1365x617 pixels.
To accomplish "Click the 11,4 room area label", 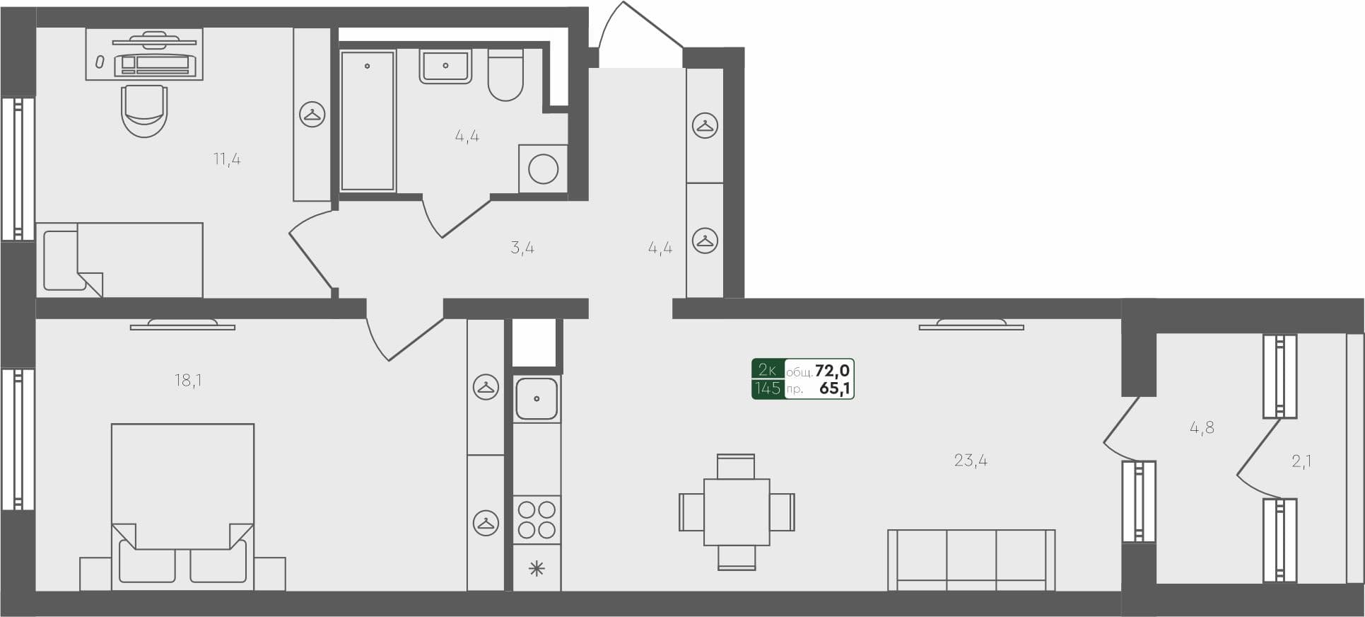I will point(227,159).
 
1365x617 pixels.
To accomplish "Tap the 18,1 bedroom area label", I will point(188,381).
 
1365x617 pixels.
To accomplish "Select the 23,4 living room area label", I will point(971,461).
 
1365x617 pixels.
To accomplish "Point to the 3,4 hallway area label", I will point(522,248).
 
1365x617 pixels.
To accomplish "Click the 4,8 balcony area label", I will point(1202,427).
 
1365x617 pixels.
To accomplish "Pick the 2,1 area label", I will point(1301,461).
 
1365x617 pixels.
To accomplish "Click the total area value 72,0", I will point(832,371).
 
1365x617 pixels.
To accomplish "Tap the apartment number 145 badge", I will point(767,388).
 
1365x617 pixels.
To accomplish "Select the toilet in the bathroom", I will point(505,76).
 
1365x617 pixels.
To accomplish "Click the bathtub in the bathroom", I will point(368,120).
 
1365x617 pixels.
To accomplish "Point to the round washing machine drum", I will point(544,170).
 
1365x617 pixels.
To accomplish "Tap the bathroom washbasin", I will point(445,67).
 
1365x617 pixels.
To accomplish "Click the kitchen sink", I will point(537,398).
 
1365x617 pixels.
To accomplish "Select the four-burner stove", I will point(537,519).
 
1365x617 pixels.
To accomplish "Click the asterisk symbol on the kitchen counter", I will point(537,568).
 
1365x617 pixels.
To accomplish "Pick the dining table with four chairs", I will point(737,512).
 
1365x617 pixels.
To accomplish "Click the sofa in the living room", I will point(971,559).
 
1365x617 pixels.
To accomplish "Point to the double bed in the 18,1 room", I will point(182,495).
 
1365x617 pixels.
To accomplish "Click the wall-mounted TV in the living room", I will point(971,325).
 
